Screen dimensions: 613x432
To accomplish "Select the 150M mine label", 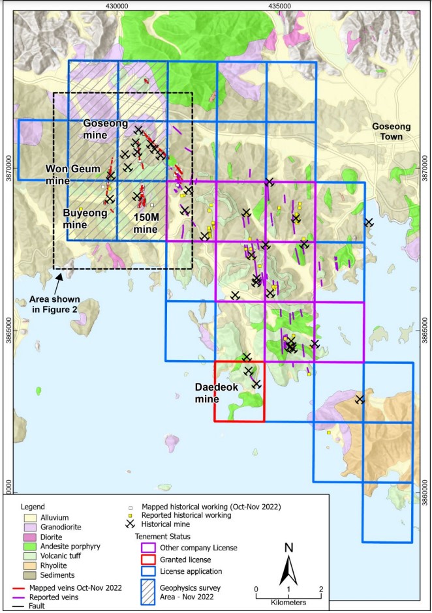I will (x=146, y=224).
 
